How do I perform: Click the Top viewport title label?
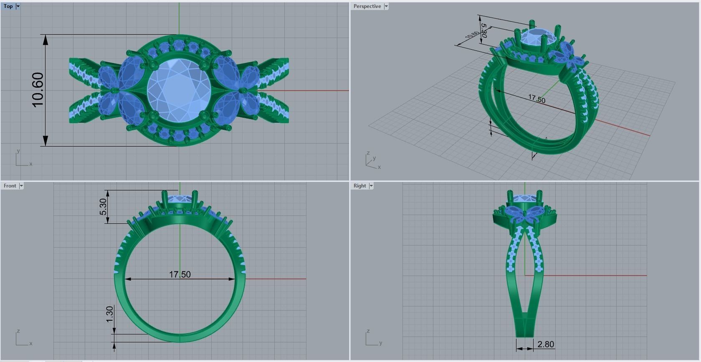click(x=8, y=6)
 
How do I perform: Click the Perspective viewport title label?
click(x=367, y=6)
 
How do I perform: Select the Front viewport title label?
click(x=10, y=186)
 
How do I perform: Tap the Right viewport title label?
click(x=359, y=186)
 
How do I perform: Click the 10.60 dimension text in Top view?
click(x=37, y=90)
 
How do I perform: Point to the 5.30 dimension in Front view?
click(x=103, y=207)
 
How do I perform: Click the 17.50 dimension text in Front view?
click(x=180, y=274)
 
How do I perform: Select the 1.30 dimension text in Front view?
click(x=109, y=314)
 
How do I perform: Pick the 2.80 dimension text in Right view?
click(x=546, y=344)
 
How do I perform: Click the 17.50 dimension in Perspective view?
click(x=537, y=99)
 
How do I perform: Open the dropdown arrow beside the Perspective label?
click(x=386, y=6)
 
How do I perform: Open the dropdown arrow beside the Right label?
click(x=371, y=186)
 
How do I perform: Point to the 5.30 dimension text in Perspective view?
click(x=483, y=30)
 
